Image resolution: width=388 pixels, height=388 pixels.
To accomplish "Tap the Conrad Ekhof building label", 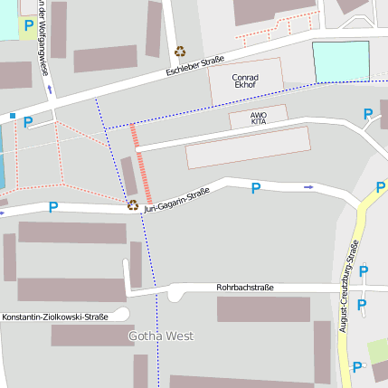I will click(x=246, y=82).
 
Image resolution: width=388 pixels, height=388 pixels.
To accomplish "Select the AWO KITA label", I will click(x=259, y=118).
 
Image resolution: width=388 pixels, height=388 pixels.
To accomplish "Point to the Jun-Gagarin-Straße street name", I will click(x=176, y=198).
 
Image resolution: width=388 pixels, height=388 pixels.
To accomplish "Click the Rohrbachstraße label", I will click(x=244, y=287).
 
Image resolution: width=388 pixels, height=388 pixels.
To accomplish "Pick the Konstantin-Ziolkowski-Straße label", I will click(x=54, y=317).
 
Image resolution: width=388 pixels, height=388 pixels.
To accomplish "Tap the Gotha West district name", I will click(x=160, y=336).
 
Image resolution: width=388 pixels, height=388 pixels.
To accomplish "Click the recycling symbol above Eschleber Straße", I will click(x=180, y=52).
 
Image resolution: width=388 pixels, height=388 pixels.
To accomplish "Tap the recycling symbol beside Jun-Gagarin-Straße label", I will click(x=132, y=204).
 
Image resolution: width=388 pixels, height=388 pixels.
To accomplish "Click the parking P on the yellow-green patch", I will click(x=29, y=26).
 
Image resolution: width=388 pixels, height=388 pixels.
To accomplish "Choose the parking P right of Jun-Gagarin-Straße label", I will click(x=255, y=188).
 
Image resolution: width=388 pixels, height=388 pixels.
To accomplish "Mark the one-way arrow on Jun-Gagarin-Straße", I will click(x=308, y=187).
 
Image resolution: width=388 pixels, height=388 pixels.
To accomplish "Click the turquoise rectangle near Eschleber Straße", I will click(x=341, y=61).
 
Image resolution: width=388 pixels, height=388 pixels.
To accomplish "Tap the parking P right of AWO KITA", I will click(x=367, y=114).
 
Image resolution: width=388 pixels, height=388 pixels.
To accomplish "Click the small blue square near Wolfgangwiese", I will click(x=12, y=116).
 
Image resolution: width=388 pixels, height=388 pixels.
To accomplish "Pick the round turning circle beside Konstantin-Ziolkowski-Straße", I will click(x=119, y=315).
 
